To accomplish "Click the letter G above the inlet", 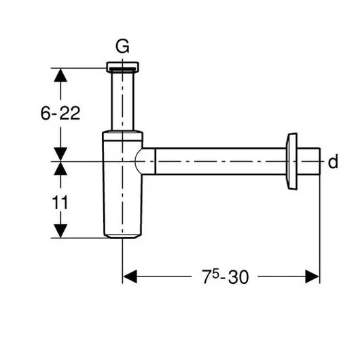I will [122, 47].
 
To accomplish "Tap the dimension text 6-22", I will [60, 113].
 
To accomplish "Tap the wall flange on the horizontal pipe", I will [293, 162].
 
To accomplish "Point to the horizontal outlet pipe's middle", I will [221, 162].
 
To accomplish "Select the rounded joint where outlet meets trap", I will [145, 162].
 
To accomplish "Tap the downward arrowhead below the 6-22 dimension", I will [60, 154].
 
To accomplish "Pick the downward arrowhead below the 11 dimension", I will [60, 231].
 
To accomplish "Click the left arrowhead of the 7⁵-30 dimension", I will [130, 276].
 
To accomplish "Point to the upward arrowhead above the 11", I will [60, 168].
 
